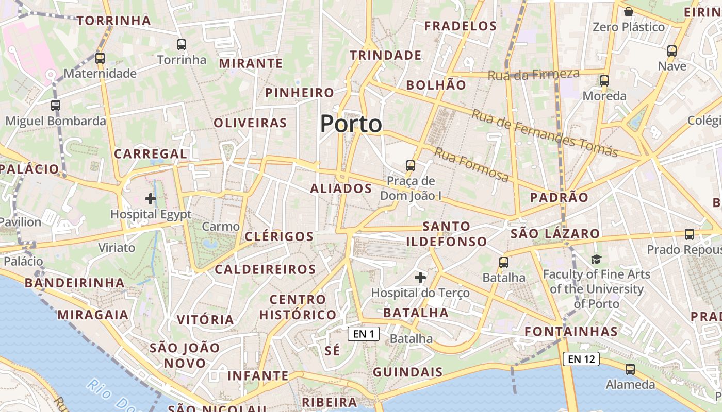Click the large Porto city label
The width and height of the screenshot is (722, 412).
pos(351,124)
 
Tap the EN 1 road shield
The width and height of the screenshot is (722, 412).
pos(364,334)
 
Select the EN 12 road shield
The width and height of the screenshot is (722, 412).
pos(581,359)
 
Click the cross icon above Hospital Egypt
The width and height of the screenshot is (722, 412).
pos(151,199)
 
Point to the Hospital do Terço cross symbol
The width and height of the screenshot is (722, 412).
pos(420,278)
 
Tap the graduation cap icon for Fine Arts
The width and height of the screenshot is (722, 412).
pos(596,259)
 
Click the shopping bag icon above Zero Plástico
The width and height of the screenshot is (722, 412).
pos(628,11)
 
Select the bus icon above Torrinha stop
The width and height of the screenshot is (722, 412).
pos(181,45)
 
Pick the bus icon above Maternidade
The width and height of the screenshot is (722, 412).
pos(100,58)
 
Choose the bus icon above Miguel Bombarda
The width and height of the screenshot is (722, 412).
pos(56,106)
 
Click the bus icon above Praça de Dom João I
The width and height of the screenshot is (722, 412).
pos(411,166)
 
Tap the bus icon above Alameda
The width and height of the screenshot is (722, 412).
pos(630,369)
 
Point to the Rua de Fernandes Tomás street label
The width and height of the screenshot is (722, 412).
pos(545,133)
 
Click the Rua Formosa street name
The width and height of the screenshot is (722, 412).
pos(471,165)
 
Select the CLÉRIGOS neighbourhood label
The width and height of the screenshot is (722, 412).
pos(279,236)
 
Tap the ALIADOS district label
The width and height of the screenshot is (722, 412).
pos(341,188)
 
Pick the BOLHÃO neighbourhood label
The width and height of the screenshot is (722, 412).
pos(436,85)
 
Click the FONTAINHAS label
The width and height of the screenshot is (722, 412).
pos(571,331)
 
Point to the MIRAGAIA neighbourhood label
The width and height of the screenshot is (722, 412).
pos(93,315)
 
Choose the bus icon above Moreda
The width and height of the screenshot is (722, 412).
pos(604,81)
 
